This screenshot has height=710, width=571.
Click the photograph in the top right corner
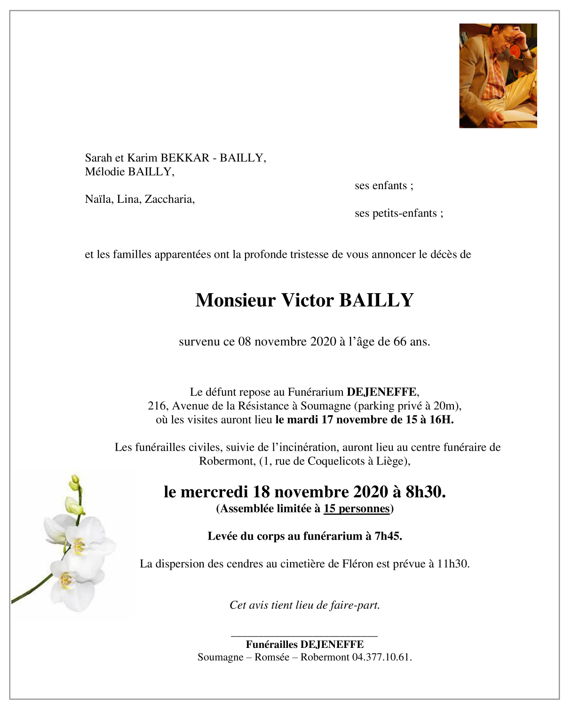coord(498,76)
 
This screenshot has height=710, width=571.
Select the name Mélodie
coord(105,172)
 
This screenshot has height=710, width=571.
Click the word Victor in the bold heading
coord(307,300)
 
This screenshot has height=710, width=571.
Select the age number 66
coord(400,342)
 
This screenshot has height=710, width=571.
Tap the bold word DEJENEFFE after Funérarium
coord(381,392)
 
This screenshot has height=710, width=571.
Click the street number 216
coord(157,406)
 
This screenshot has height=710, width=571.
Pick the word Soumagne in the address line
coord(325,406)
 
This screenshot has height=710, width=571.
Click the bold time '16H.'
coord(442,420)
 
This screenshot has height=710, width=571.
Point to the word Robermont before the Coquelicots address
coord(227,461)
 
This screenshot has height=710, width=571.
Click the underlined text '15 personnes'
coord(357,509)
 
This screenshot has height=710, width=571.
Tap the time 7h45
coord(388,536)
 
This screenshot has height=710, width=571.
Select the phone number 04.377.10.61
coord(381,657)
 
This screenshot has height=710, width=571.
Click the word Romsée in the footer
coord(272,657)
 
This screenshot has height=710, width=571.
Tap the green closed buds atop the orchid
coord(75,494)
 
